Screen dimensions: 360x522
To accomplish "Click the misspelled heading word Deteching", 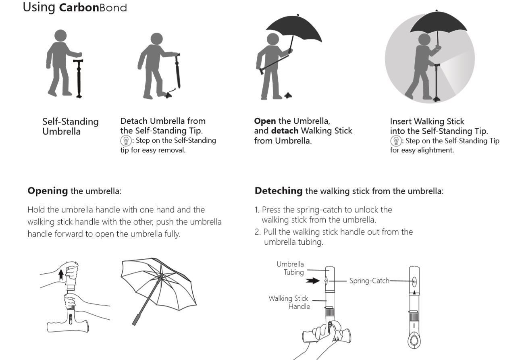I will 278,191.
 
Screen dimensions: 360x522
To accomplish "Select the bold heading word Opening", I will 48,191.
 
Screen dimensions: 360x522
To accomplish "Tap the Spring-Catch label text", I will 369,281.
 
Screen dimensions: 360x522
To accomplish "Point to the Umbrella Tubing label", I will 290,268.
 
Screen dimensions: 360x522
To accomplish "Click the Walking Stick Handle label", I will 289,302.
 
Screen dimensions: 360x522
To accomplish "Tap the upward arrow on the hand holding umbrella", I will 61,275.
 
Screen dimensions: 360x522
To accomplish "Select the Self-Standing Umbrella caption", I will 71,127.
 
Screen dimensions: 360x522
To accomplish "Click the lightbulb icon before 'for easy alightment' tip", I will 396,141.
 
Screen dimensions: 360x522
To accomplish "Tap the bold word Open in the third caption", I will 265,121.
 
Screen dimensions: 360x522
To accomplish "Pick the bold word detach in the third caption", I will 285,131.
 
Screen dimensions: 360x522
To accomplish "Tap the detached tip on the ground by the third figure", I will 288,96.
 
